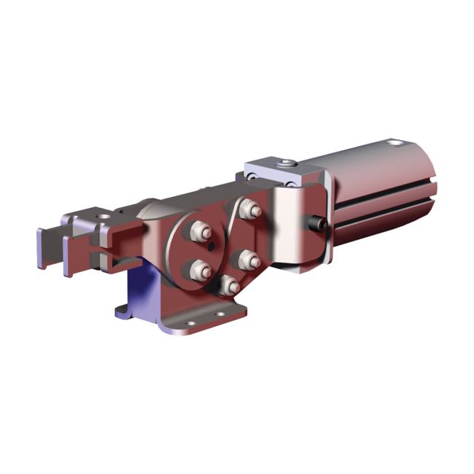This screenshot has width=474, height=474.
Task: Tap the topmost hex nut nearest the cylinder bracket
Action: (x=252, y=210)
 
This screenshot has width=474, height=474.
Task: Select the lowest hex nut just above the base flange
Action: (x=229, y=284)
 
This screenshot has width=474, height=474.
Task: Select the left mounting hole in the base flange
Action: (x=189, y=323)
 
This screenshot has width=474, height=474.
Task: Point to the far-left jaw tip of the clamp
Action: (x=44, y=248)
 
